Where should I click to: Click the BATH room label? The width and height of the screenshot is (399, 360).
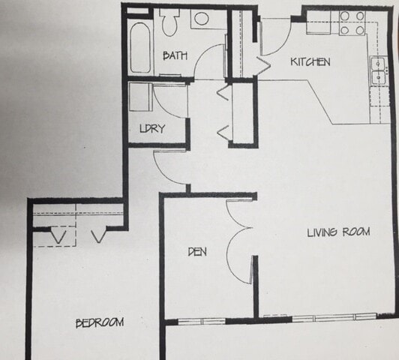[175, 55]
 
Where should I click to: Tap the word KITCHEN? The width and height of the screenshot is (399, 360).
[310, 62]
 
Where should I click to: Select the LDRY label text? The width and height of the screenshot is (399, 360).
[152, 128]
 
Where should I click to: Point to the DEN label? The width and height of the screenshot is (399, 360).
[197, 252]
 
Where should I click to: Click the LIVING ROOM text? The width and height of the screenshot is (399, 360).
[338, 232]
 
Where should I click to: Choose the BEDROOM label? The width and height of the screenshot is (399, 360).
[100, 322]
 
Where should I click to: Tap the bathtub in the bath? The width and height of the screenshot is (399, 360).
[140, 47]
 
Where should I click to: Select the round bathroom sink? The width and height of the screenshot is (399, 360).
[202, 19]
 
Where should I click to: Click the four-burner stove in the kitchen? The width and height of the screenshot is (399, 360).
[351, 22]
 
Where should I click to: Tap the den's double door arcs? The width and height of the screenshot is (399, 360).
[240, 252]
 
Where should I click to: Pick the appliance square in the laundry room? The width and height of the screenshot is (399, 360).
[140, 97]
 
